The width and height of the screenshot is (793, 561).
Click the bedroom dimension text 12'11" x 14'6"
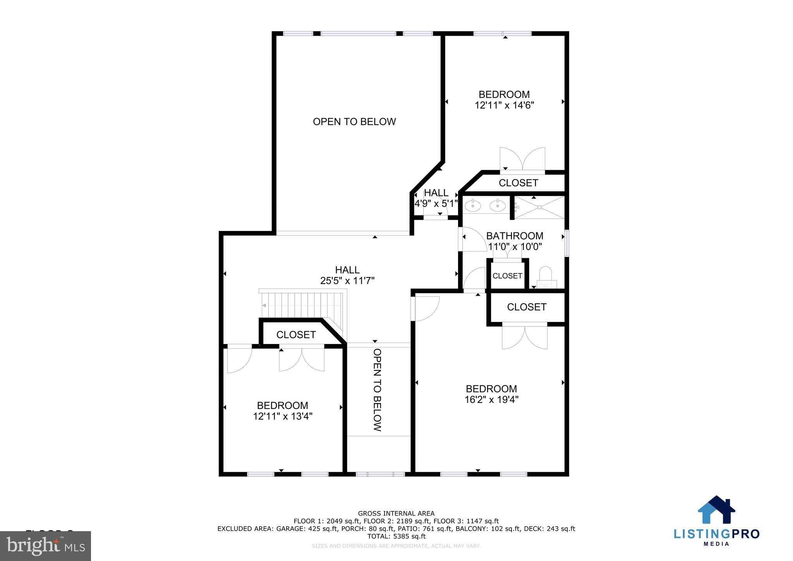(x=504, y=105)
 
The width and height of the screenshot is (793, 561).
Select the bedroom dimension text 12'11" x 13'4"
(x=283, y=416)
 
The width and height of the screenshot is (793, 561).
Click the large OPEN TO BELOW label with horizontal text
(x=354, y=122)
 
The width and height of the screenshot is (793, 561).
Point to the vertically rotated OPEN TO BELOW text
(x=378, y=390)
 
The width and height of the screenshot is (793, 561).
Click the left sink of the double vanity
(x=473, y=206)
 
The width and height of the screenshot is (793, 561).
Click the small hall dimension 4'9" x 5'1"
(x=436, y=203)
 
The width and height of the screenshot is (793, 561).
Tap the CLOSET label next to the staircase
(x=296, y=335)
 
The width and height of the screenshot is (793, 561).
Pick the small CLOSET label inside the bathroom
(x=507, y=276)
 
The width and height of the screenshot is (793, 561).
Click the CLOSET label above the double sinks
(x=518, y=183)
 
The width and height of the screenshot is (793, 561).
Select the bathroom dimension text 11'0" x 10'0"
(x=515, y=246)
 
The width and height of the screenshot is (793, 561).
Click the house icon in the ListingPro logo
(x=716, y=511)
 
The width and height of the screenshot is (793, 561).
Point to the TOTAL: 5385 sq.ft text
(x=396, y=537)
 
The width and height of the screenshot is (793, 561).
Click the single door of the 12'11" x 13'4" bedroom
(x=239, y=358)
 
